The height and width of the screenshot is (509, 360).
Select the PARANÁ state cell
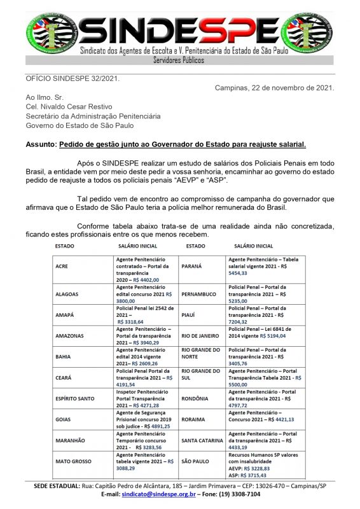tap(193, 267)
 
